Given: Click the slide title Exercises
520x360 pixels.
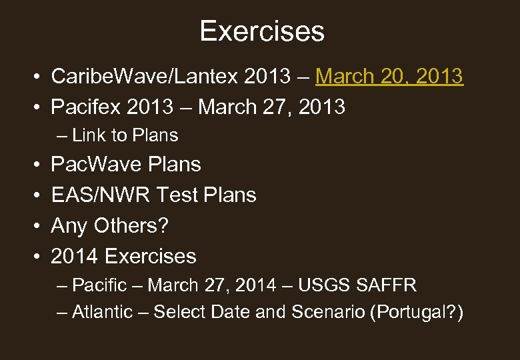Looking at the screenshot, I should coord(261,31).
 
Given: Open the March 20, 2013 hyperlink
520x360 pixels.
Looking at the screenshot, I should coord(389,77).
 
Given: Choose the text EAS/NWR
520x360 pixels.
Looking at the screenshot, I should coord(100,195).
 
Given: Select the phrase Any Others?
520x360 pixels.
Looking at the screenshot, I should coord(110,225).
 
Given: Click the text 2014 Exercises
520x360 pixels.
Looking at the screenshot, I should coord(123,256).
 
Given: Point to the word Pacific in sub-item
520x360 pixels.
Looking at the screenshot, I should coord(99,285).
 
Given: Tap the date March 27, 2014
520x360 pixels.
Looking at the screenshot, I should coord(211,285).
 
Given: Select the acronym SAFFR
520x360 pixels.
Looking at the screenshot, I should coord(387,285).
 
